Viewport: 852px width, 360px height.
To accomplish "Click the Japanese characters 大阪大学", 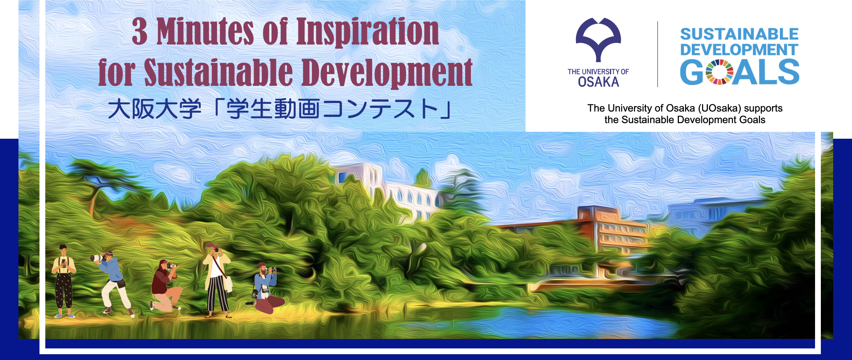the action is pyautogui.click(x=154, y=109).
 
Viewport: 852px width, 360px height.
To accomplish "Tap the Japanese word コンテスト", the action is pyautogui.click(x=380, y=109).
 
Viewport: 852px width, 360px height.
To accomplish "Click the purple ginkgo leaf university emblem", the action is pyautogui.click(x=598, y=39).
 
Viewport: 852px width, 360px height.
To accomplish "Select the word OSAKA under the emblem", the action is pyautogui.click(x=598, y=82).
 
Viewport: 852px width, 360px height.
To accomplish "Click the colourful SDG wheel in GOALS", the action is pyautogui.click(x=719, y=72).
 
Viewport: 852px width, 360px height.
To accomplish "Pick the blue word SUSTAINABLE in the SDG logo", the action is pyautogui.click(x=739, y=34).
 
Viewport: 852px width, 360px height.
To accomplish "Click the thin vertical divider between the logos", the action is pyautogui.click(x=657, y=54).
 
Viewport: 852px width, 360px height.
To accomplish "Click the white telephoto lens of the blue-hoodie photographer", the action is pyautogui.click(x=97, y=258).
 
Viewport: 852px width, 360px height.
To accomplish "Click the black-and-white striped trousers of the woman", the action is pyautogui.click(x=218, y=295).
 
